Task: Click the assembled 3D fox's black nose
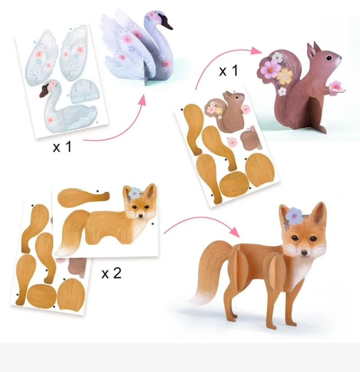point(304,253)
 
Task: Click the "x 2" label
point(112,273)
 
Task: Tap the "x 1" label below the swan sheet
point(62,147)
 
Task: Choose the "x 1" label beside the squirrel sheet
point(228,70)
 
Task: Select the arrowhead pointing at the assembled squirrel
point(256,50)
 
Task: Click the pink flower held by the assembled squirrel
point(337,87)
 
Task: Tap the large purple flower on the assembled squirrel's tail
point(270,67)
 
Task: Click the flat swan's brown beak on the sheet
point(43,92)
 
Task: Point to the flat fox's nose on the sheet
point(141,216)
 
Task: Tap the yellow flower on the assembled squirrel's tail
point(285,77)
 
